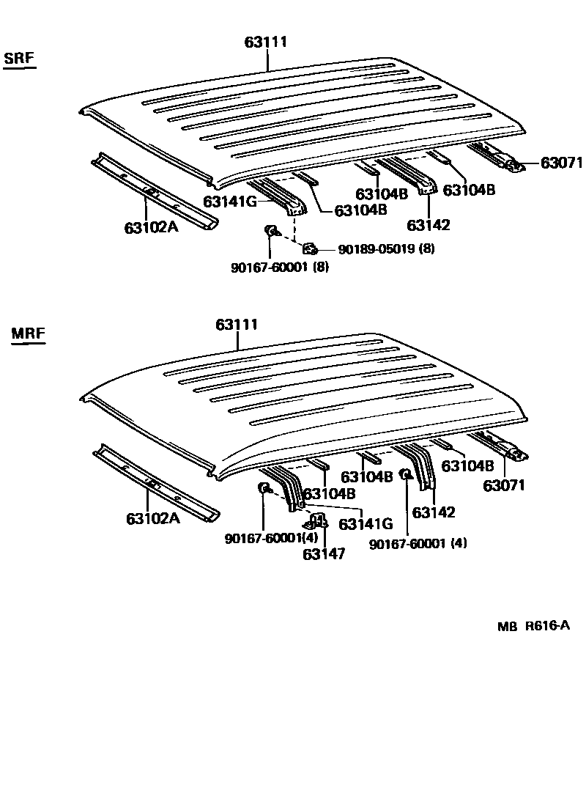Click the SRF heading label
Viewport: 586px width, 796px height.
(x=20, y=58)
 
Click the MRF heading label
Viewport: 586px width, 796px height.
(x=29, y=333)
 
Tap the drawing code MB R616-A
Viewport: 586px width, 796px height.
(x=533, y=626)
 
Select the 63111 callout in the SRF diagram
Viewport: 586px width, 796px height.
(x=265, y=43)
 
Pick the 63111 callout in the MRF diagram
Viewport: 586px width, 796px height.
(x=237, y=324)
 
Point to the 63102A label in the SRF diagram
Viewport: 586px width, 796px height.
(x=151, y=226)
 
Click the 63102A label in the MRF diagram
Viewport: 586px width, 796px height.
(x=152, y=518)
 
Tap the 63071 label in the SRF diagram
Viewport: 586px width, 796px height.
(x=560, y=163)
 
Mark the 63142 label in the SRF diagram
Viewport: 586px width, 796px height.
(x=429, y=225)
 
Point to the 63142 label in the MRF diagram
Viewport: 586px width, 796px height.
(x=434, y=512)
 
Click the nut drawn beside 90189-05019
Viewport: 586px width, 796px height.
(x=309, y=248)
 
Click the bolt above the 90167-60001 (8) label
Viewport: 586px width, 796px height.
(x=270, y=232)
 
